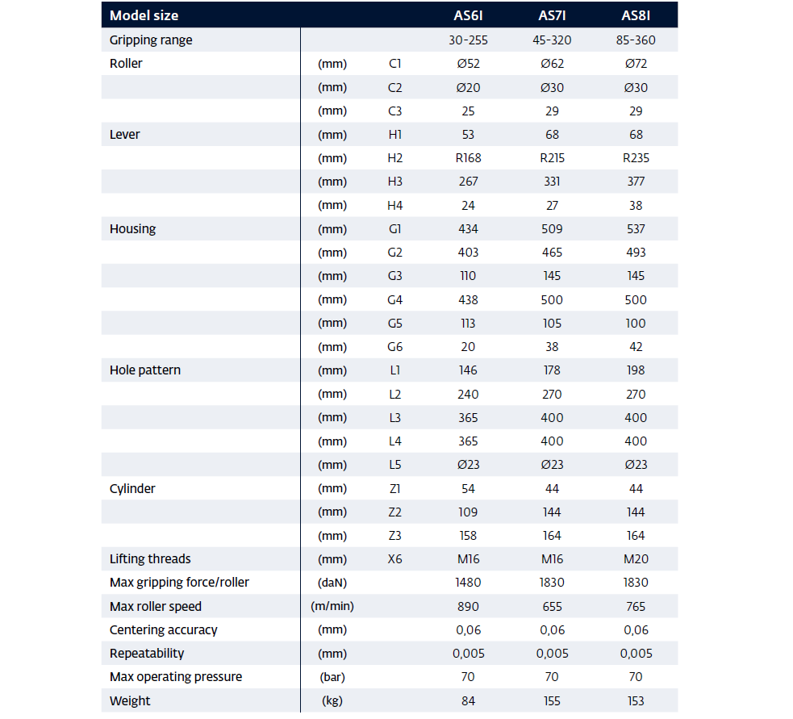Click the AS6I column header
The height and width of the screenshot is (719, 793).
tap(468, 15)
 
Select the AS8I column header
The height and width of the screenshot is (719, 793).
tap(635, 15)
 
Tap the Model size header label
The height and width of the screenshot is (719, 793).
tap(144, 15)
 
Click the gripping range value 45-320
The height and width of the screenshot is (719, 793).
tap(552, 40)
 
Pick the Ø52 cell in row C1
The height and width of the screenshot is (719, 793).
tap(468, 64)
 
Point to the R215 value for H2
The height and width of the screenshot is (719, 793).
tap(552, 158)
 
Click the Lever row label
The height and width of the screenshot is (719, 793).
tap(124, 135)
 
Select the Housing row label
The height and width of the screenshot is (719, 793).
tap(132, 228)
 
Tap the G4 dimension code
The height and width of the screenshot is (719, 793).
tap(394, 300)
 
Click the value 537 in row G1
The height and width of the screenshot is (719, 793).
tap(636, 228)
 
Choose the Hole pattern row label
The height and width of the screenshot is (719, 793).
tap(144, 370)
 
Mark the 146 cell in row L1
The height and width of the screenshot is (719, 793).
tap(468, 370)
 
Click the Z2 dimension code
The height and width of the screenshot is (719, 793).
tap(394, 512)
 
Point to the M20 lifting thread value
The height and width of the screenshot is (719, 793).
tap(636, 559)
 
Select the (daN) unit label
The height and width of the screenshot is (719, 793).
tap(332, 583)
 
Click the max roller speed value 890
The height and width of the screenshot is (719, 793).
tap(468, 606)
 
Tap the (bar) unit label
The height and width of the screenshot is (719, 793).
tap(332, 677)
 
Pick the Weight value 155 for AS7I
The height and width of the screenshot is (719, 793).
tap(552, 700)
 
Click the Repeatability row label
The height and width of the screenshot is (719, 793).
tap(147, 653)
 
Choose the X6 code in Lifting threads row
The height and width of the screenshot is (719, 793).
tap(394, 559)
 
